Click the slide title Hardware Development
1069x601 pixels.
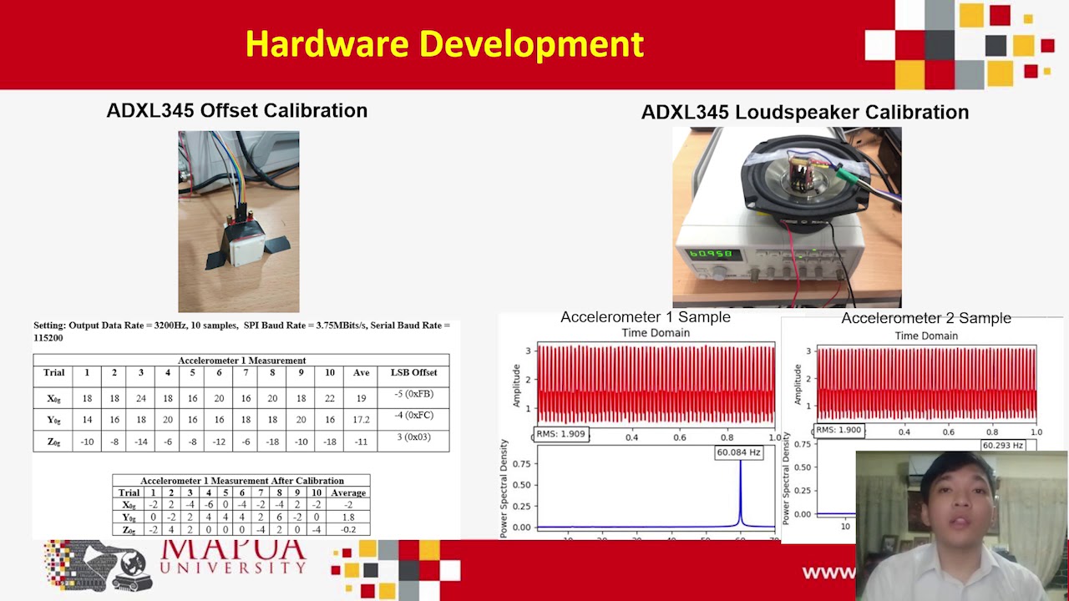click(444, 44)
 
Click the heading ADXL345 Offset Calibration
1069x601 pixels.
click(236, 110)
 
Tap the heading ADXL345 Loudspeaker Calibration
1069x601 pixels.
click(804, 112)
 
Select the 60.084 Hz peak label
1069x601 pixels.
click(738, 452)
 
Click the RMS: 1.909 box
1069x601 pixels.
click(561, 434)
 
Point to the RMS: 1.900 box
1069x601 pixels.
click(838, 430)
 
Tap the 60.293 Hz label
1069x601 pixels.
click(1002, 445)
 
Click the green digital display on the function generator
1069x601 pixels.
click(709, 254)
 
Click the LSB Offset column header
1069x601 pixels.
click(413, 372)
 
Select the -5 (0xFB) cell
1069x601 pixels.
click(413, 394)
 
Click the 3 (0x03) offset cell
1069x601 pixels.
click(413, 437)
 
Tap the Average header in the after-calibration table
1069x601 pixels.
click(348, 492)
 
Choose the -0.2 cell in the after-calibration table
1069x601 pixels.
click(348, 530)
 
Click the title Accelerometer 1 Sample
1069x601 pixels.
click(645, 317)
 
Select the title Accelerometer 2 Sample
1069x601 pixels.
click(925, 318)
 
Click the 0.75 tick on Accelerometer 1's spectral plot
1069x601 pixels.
click(521, 464)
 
